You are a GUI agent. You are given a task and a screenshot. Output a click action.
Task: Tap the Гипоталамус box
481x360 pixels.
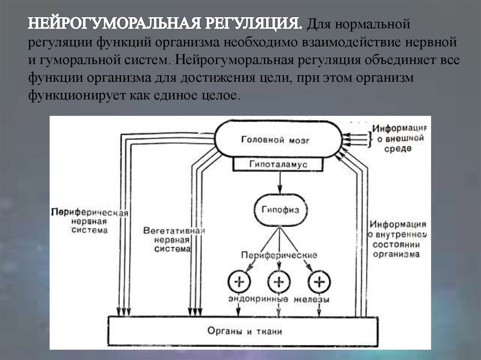coord(279,165)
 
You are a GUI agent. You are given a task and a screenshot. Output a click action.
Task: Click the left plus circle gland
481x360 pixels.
coord(239,282)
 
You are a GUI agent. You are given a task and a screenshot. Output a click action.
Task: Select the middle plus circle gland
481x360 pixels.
coord(279,282)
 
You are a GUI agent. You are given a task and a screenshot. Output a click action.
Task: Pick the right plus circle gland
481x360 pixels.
coord(319,282)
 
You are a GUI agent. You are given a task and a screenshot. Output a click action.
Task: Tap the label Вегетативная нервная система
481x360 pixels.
coord(174,240)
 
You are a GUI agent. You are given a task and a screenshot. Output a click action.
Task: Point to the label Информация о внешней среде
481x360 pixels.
coord(400,138)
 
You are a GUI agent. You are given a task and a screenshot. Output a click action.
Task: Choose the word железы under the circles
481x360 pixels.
coord(312,299)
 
